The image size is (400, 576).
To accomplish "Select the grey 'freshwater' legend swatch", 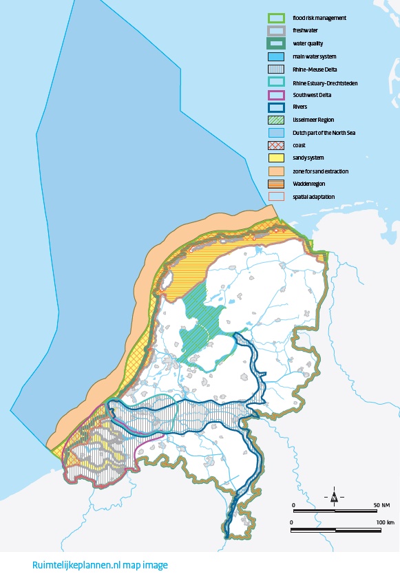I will [276, 30].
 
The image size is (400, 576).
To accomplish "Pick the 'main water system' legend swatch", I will [276, 56].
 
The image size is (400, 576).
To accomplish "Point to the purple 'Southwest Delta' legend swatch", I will [276, 94].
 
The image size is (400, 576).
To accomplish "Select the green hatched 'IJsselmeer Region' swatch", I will [276, 120].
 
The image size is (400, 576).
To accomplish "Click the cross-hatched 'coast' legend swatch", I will [276, 145].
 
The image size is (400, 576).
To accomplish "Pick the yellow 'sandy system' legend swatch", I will [276, 158].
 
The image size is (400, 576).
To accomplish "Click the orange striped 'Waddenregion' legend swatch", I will [276, 183].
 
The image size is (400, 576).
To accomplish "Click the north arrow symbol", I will [334, 496].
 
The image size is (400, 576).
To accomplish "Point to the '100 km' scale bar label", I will [385, 523].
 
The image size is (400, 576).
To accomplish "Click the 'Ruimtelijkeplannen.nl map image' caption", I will [100, 565].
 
